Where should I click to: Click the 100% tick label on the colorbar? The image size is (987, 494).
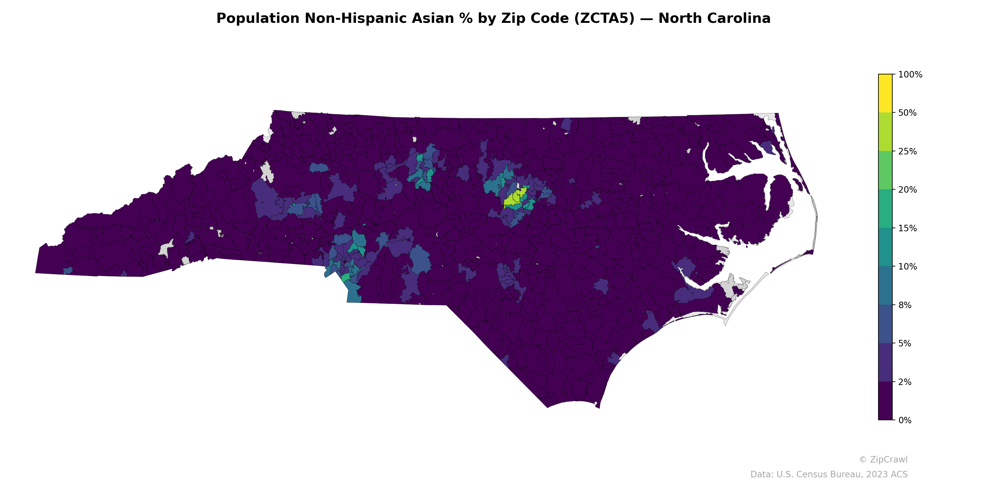tap(910, 74)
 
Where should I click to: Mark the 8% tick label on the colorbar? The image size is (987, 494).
tap(905, 305)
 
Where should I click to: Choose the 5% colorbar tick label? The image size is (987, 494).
tap(905, 344)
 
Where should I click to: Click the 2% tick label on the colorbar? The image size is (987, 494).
tap(905, 382)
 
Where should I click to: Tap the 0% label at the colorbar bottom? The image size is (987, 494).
tap(905, 420)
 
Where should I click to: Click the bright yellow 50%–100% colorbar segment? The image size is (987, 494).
tap(885, 93)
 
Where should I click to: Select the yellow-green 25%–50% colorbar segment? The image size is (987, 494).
tap(885, 132)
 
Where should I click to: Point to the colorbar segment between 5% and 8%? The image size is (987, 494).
tap(885, 324)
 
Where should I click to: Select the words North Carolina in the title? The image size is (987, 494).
tap(714, 19)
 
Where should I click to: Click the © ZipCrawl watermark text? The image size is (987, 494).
tap(883, 459)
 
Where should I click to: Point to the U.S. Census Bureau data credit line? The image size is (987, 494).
tap(829, 475)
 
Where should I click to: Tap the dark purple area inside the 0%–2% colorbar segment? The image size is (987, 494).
tap(885, 401)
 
